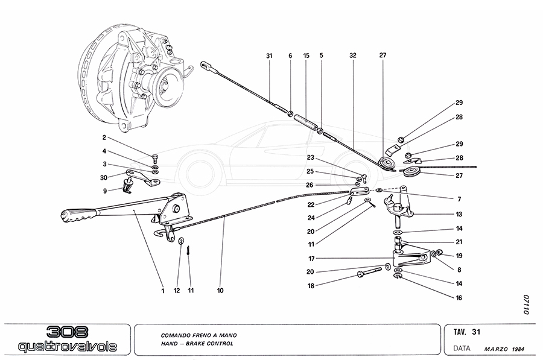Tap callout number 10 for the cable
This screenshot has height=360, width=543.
220,290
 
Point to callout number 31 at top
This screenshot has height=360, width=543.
269,55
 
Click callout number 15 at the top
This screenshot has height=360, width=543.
306,55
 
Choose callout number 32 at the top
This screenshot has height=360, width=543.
352,55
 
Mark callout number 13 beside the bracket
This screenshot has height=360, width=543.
460,214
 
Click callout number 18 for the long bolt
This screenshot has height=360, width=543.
310,286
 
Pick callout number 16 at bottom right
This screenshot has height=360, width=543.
460,298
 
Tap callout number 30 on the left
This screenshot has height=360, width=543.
104,178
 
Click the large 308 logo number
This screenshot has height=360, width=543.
67,332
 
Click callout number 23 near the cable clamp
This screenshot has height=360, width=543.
310,158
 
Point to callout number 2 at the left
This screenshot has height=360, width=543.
104,137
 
